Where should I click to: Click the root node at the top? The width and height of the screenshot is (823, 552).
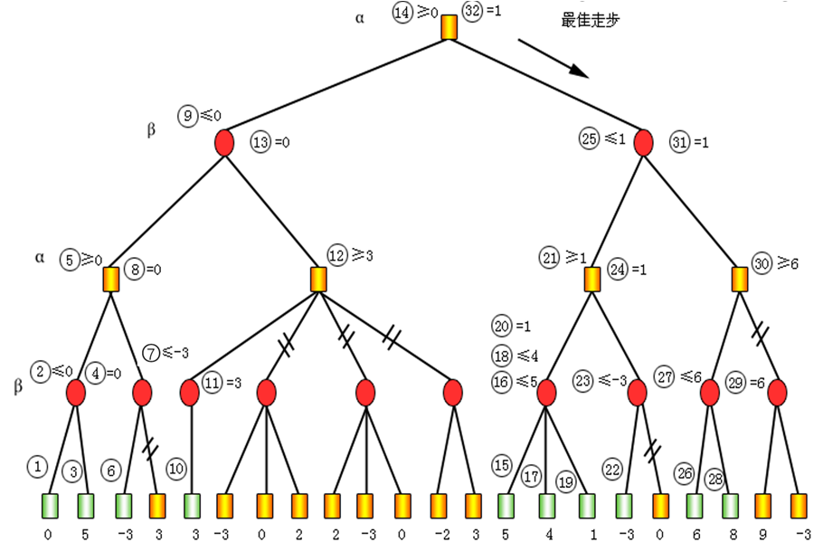(449, 28)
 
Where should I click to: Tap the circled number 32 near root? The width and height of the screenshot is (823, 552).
(472, 13)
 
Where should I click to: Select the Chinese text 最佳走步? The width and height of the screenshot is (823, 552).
(591, 20)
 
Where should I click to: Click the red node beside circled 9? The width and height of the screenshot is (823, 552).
(224, 143)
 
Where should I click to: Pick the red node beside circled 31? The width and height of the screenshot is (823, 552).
(644, 143)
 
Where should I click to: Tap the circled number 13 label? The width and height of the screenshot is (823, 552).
(261, 143)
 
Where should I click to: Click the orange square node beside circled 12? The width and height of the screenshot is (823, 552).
(318, 279)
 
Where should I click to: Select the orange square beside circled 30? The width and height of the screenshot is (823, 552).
(741, 279)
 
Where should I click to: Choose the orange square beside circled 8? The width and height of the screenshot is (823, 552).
(111, 279)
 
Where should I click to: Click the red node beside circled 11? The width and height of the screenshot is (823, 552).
(190, 393)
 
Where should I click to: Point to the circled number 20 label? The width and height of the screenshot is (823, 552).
(503, 326)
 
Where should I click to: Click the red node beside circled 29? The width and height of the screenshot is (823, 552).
(778, 393)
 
